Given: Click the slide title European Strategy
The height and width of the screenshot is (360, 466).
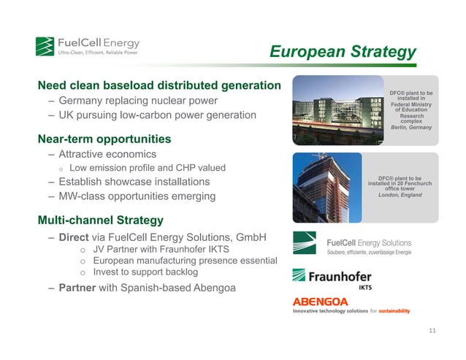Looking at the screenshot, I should point(343,52).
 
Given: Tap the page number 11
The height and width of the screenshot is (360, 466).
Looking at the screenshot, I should point(432,331).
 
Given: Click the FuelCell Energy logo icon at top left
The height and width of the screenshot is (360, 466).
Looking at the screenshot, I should point(45,46).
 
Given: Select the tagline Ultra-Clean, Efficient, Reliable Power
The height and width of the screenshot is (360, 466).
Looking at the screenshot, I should point(97,53).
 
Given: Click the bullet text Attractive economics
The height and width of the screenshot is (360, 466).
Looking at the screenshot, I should point(107,154).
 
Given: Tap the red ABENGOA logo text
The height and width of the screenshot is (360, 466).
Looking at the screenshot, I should point(321,302).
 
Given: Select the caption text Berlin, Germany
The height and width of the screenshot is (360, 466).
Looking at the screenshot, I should point(411,127).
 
